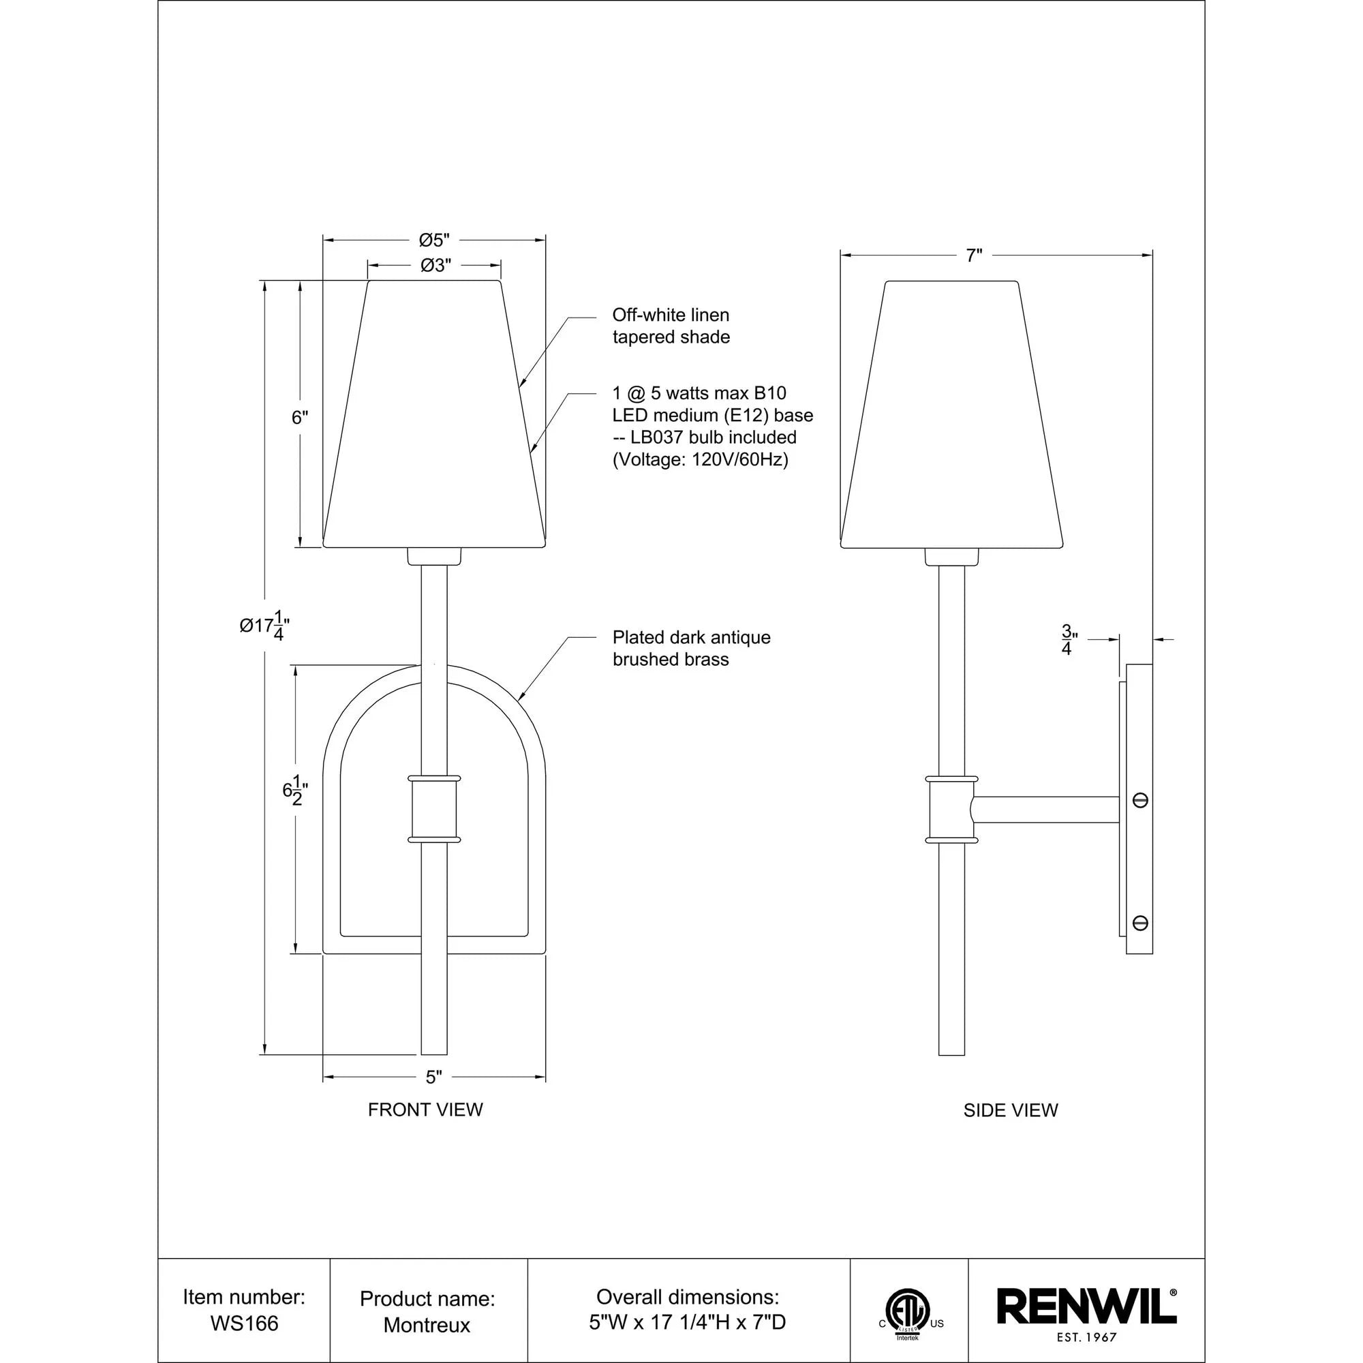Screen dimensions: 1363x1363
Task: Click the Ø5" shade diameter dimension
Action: [434, 241]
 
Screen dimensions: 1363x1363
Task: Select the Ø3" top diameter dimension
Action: [435, 265]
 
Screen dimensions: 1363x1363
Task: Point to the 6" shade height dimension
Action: [301, 418]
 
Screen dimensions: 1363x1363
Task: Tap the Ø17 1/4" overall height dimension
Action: [264, 625]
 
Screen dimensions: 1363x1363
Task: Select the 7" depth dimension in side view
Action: [974, 256]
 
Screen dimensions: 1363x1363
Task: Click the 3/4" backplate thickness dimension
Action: [1067, 640]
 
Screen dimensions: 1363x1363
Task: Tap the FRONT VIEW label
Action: [425, 1109]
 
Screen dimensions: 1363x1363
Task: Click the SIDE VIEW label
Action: [1010, 1110]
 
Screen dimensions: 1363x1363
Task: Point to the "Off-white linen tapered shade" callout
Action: [670, 326]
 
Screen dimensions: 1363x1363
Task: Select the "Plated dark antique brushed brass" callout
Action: [690, 648]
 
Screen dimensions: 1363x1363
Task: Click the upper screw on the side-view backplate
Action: [1139, 800]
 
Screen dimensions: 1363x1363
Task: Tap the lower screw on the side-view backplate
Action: [1139, 923]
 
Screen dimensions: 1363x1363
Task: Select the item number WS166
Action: [244, 1323]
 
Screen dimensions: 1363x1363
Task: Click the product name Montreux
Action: [427, 1325]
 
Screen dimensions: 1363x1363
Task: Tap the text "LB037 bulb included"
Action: [714, 438]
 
